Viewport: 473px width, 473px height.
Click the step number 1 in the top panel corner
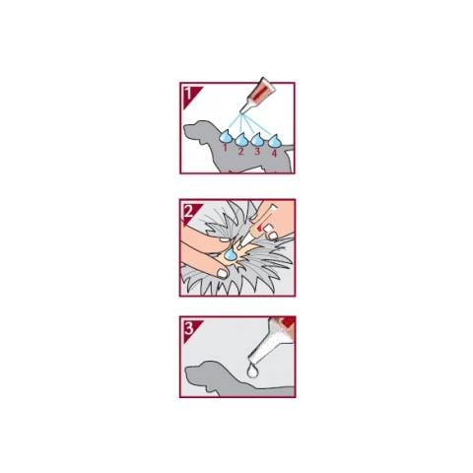pyautogui.click(x=188, y=94)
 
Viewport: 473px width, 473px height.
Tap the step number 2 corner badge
pyautogui.click(x=189, y=211)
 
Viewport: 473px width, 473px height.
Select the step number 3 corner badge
pyautogui.click(x=189, y=328)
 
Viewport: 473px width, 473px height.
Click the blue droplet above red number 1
pyautogui.click(x=226, y=136)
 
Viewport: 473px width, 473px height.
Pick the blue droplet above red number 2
pyautogui.click(x=241, y=140)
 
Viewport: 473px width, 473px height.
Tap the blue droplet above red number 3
pyautogui.click(x=257, y=140)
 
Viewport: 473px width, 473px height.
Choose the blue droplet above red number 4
pyautogui.click(x=275, y=141)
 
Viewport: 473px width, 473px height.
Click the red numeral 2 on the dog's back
pyautogui.click(x=241, y=152)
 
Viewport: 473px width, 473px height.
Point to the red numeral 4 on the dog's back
pyautogui.click(x=274, y=153)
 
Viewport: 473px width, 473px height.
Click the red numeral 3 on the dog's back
pyautogui.click(x=257, y=152)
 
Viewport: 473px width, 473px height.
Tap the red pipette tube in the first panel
pyautogui.click(x=258, y=94)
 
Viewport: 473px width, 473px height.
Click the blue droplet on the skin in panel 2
pyautogui.click(x=231, y=252)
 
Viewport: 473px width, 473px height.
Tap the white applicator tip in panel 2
pyautogui.click(x=246, y=240)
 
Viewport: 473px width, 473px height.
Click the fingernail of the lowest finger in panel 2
pyautogui.click(x=223, y=273)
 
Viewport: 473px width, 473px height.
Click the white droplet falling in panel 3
pyautogui.click(x=252, y=371)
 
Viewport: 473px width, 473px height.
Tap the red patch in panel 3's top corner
pyautogui.click(x=289, y=322)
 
